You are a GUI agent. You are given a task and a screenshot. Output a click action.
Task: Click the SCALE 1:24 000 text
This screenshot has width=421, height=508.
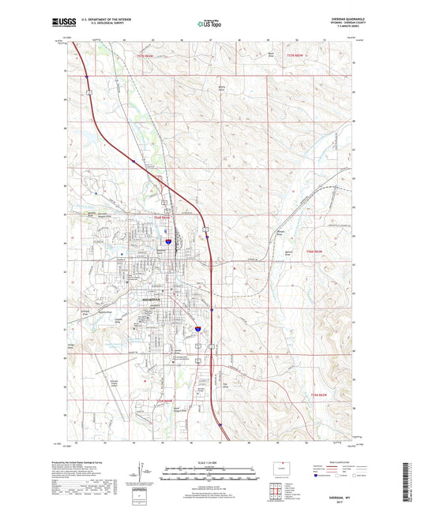(x=209, y=464)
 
